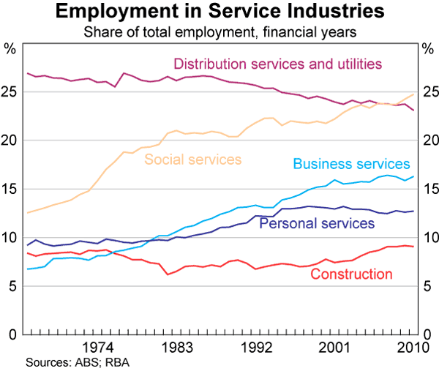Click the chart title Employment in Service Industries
click(219, 12)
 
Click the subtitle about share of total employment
click(219, 31)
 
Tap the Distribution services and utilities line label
click(278, 64)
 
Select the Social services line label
click(193, 159)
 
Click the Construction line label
click(352, 274)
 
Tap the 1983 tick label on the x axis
click(177, 347)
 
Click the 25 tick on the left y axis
click(10, 92)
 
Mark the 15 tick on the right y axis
click(429, 190)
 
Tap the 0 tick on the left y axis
click(14, 335)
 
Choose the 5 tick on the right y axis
click(426, 287)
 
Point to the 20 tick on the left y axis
click(10, 140)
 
